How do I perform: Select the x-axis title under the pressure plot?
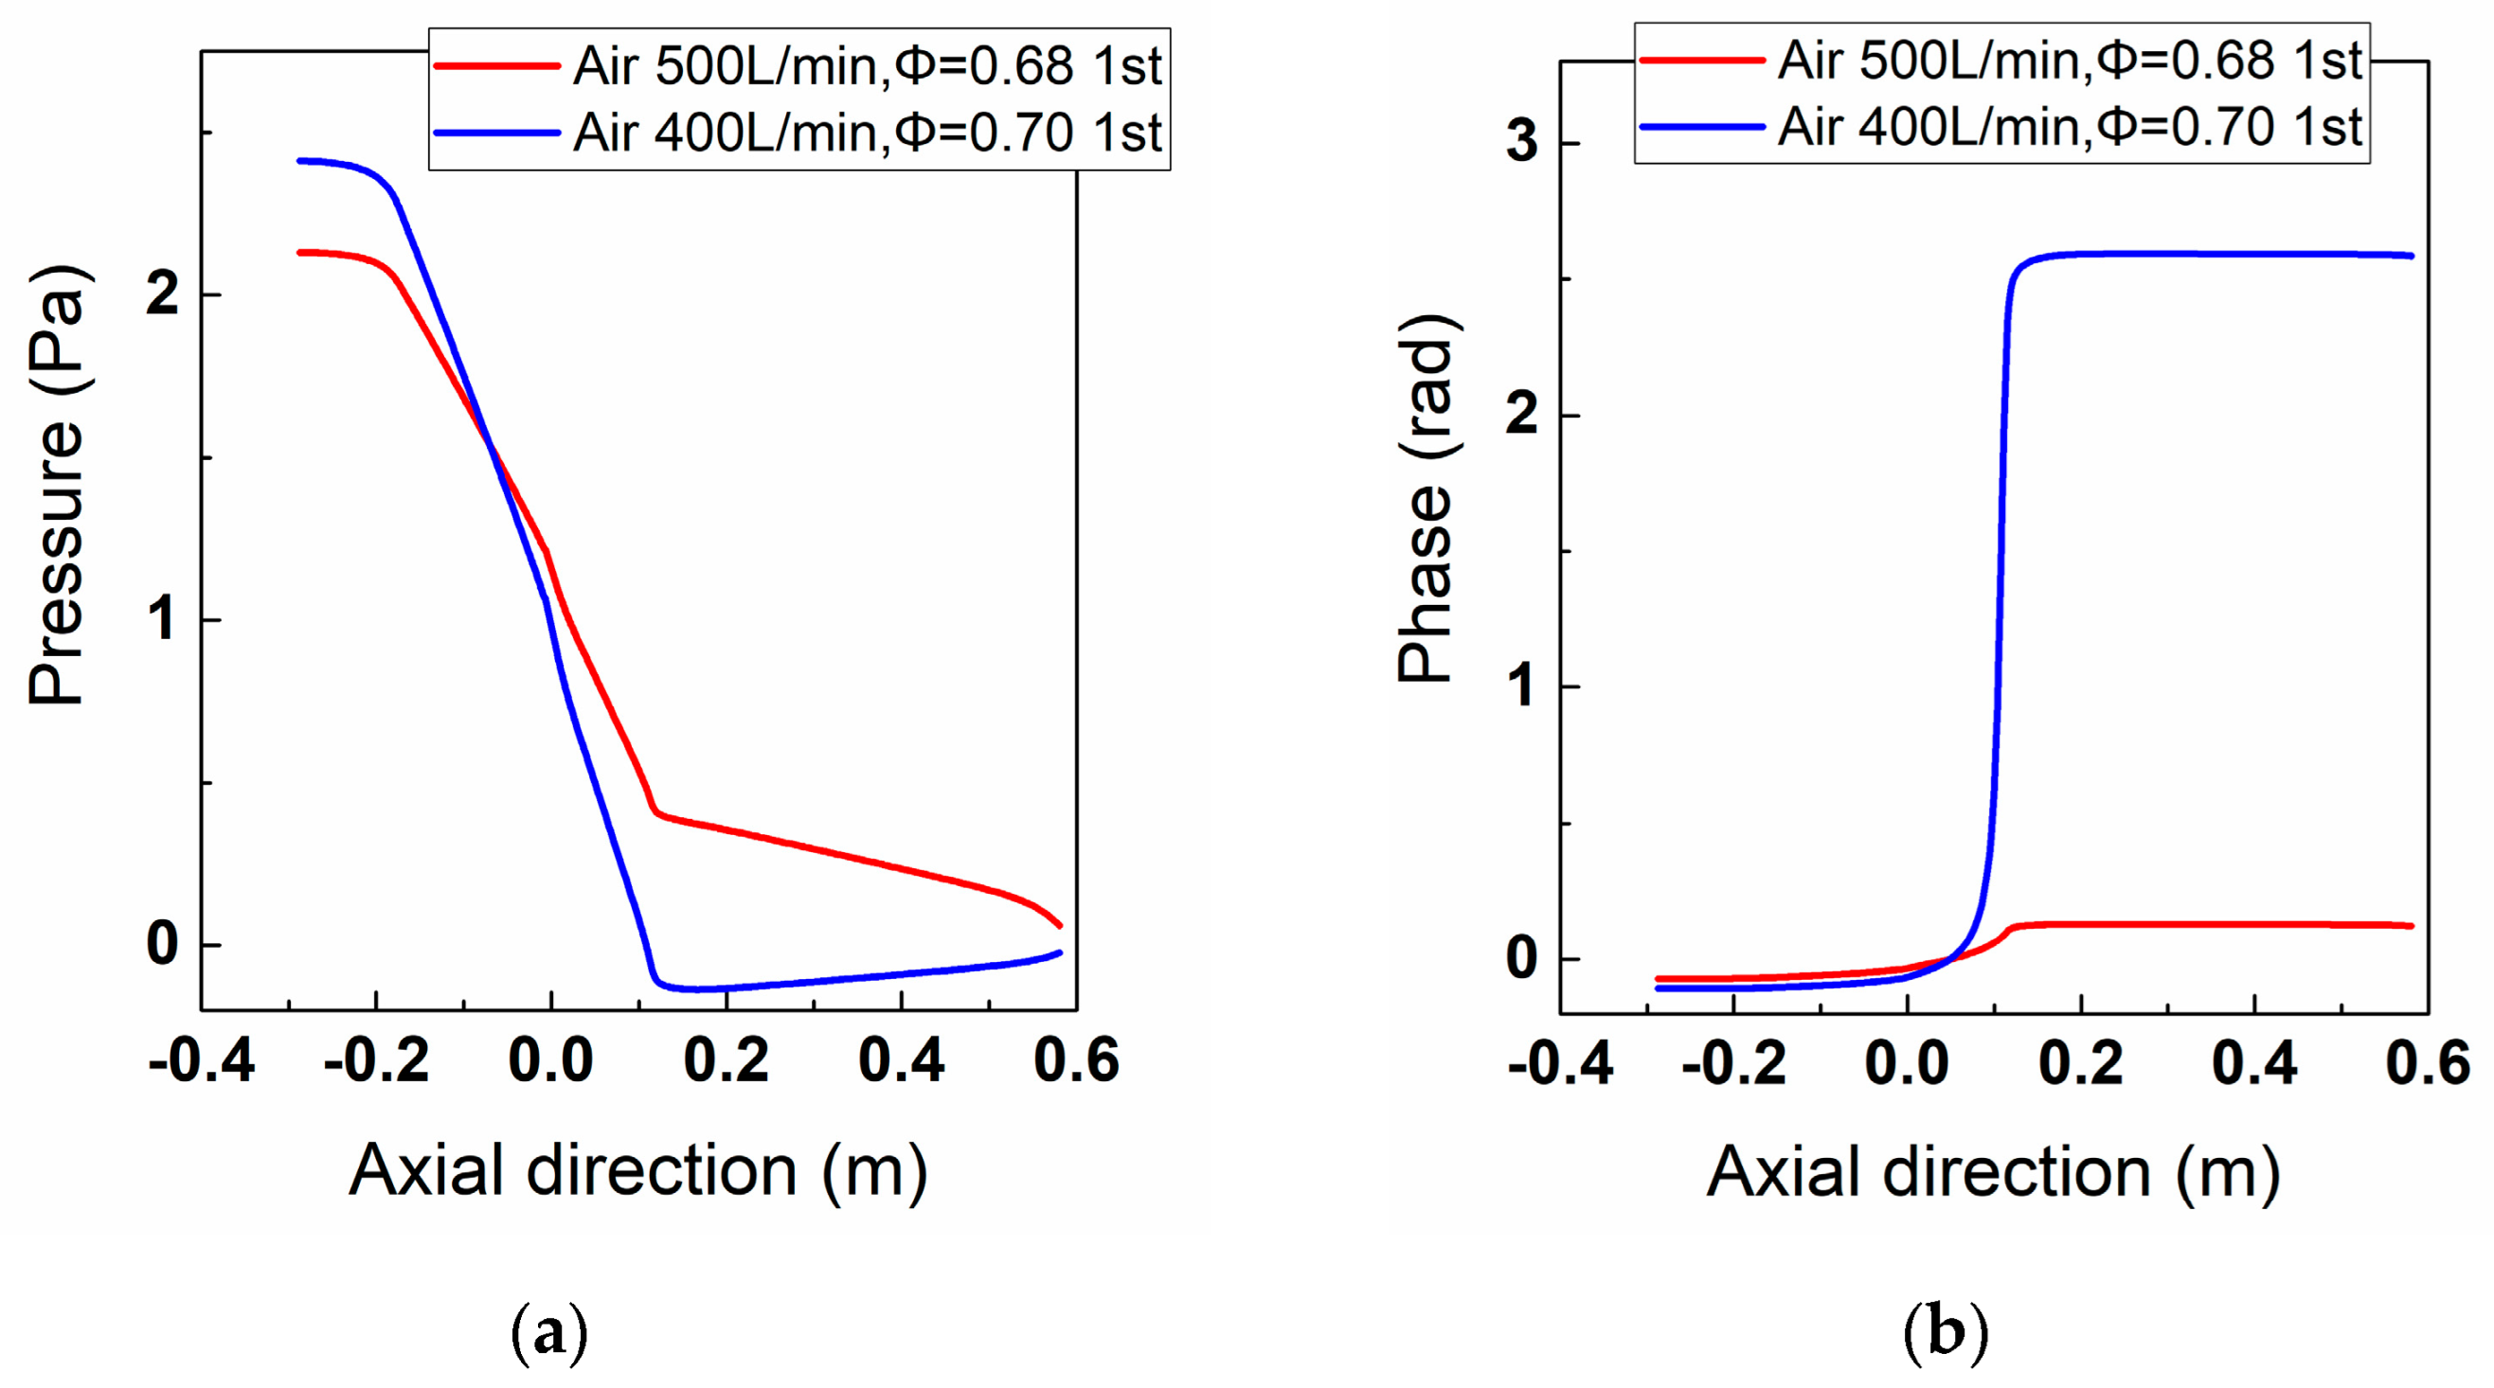[638, 1171]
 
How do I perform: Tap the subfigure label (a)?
[549, 1333]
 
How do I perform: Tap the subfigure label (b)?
[1945, 1333]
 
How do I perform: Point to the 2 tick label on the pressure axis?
[163, 294]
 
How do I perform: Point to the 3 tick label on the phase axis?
[1522, 143]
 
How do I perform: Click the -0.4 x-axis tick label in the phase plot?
[1560, 1064]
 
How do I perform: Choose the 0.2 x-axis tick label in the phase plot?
[2081, 1064]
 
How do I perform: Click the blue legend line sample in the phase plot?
[1702, 127]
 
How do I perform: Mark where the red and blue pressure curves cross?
[489, 445]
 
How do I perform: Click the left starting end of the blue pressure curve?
[300, 161]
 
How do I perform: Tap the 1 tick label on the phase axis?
[1522, 686]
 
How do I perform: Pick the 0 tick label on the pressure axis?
[163, 944]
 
